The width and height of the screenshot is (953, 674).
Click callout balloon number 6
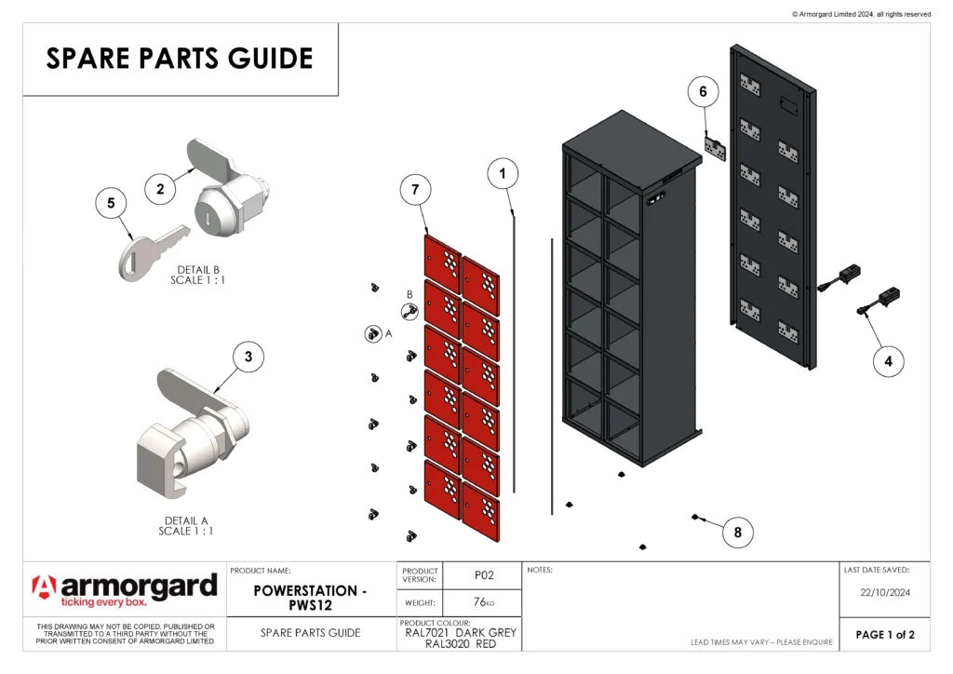coord(704,91)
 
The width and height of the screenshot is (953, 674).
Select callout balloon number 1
coord(503,172)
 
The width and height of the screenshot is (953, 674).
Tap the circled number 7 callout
coord(415,190)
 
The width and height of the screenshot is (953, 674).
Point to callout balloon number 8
coord(738,532)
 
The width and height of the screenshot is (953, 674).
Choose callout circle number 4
coord(888,361)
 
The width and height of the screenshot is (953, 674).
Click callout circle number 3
coord(248,356)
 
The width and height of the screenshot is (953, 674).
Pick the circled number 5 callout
coord(111,202)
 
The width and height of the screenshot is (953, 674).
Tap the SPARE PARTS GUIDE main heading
coord(180,59)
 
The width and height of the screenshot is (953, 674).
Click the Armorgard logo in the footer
coord(125,589)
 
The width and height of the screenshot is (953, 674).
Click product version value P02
coord(484,575)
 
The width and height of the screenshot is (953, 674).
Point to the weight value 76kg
coord(484,602)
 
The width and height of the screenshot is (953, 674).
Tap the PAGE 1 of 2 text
coord(885,635)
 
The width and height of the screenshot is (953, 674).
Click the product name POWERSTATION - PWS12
coord(311,598)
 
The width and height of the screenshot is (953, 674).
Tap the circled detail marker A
coord(371,332)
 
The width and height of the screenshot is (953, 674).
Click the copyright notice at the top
coord(861,14)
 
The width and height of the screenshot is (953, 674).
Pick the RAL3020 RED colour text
coord(461,643)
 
